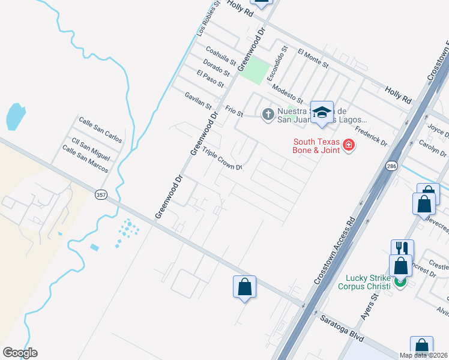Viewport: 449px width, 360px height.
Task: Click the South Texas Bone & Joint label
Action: (316, 146)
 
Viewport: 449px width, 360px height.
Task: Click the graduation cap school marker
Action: (322, 112)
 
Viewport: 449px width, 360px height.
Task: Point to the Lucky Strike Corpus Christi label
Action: (368, 281)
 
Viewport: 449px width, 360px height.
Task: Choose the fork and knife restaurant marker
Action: (402, 249)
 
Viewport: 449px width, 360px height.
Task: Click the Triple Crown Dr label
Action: (222, 158)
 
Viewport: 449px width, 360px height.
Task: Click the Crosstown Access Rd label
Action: (334, 247)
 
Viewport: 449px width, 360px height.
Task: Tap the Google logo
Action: (20, 353)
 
